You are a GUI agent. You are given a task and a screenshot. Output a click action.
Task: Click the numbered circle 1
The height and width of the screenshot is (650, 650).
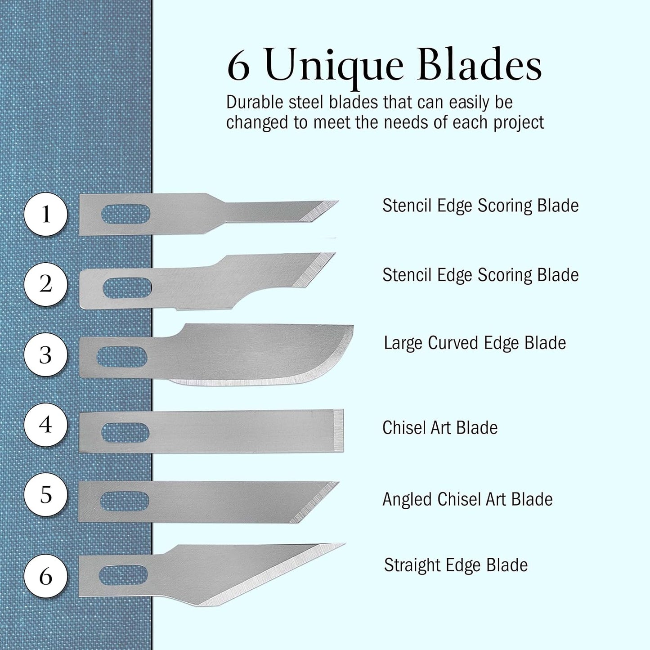[x=45, y=214]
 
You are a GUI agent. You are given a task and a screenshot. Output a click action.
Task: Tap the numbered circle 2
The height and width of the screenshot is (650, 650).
[x=45, y=284]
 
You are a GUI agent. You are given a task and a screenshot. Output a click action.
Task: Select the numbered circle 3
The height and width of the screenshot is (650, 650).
[x=45, y=355]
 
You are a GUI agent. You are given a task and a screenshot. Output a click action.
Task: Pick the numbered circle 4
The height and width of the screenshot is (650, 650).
[x=45, y=425]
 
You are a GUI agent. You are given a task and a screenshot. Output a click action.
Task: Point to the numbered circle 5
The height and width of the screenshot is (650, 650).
[x=45, y=495]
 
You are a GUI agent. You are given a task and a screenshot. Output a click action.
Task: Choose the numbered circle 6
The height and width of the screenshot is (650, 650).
[x=45, y=576]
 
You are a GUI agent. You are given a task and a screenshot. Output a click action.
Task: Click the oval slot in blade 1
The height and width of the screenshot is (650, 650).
[x=126, y=214]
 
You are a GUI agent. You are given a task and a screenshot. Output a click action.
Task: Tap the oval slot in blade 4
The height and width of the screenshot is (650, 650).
[x=125, y=432]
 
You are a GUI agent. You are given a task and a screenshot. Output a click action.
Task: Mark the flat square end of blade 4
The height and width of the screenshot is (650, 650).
[x=340, y=430]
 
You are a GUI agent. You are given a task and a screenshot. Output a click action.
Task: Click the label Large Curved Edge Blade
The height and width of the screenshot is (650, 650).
[x=475, y=343]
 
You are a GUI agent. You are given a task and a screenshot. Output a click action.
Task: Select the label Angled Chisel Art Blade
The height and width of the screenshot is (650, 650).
[x=467, y=499]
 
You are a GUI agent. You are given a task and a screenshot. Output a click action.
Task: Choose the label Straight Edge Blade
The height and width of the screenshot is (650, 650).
[x=456, y=565]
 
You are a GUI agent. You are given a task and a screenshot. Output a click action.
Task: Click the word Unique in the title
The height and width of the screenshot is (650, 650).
[x=335, y=67]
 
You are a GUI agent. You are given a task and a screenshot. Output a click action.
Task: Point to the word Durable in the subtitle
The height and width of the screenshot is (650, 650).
[x=255, y=103]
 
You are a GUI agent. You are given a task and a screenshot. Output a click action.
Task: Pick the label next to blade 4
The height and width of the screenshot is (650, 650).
[x=440, y=428]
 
